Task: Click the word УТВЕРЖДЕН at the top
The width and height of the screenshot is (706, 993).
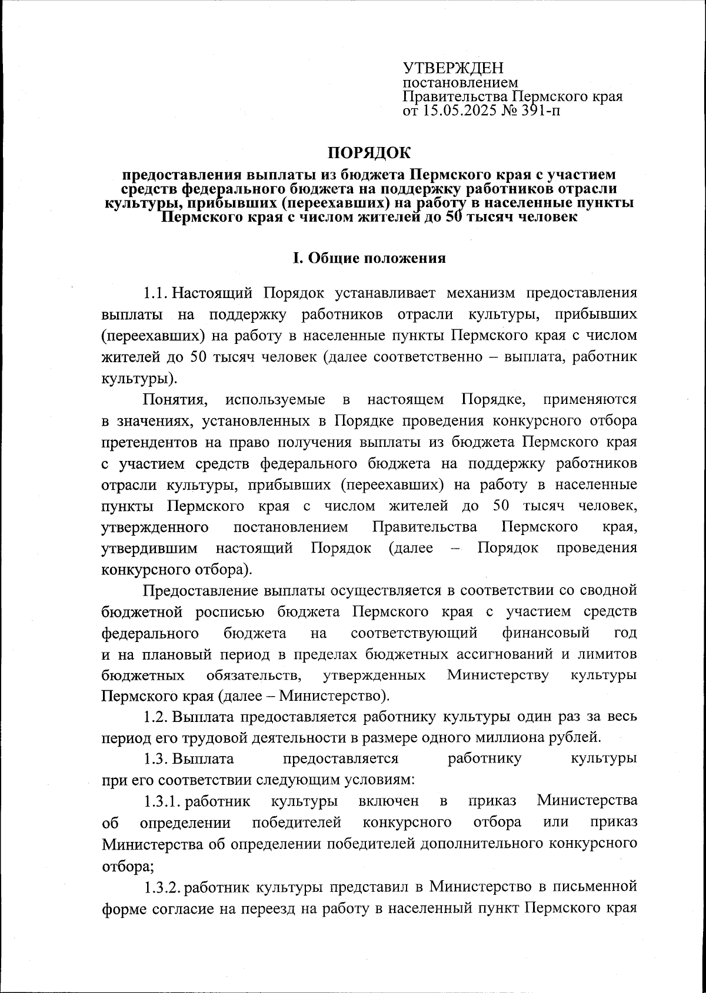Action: (x=453, y=68)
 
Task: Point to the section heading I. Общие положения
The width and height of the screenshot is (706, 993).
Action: (x=369, y=259)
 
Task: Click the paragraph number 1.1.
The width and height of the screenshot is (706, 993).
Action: (x=156, y=293)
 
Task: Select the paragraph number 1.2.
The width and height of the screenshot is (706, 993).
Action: (x=156, y=717)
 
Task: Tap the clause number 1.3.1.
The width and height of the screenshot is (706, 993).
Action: (x=163, y=801)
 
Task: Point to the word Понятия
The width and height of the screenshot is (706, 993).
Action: (x=176, y=400)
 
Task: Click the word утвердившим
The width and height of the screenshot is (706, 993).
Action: (x=149, y=549)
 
